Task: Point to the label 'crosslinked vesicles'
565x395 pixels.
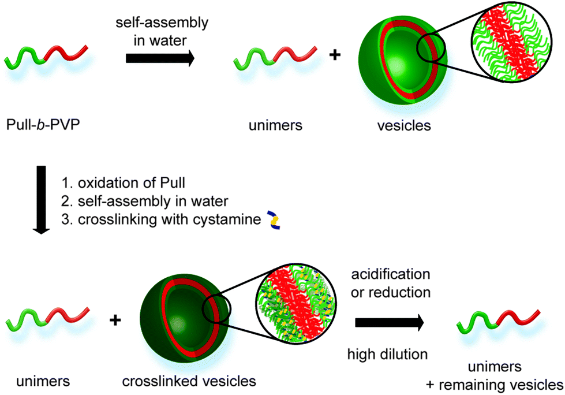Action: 189,381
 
